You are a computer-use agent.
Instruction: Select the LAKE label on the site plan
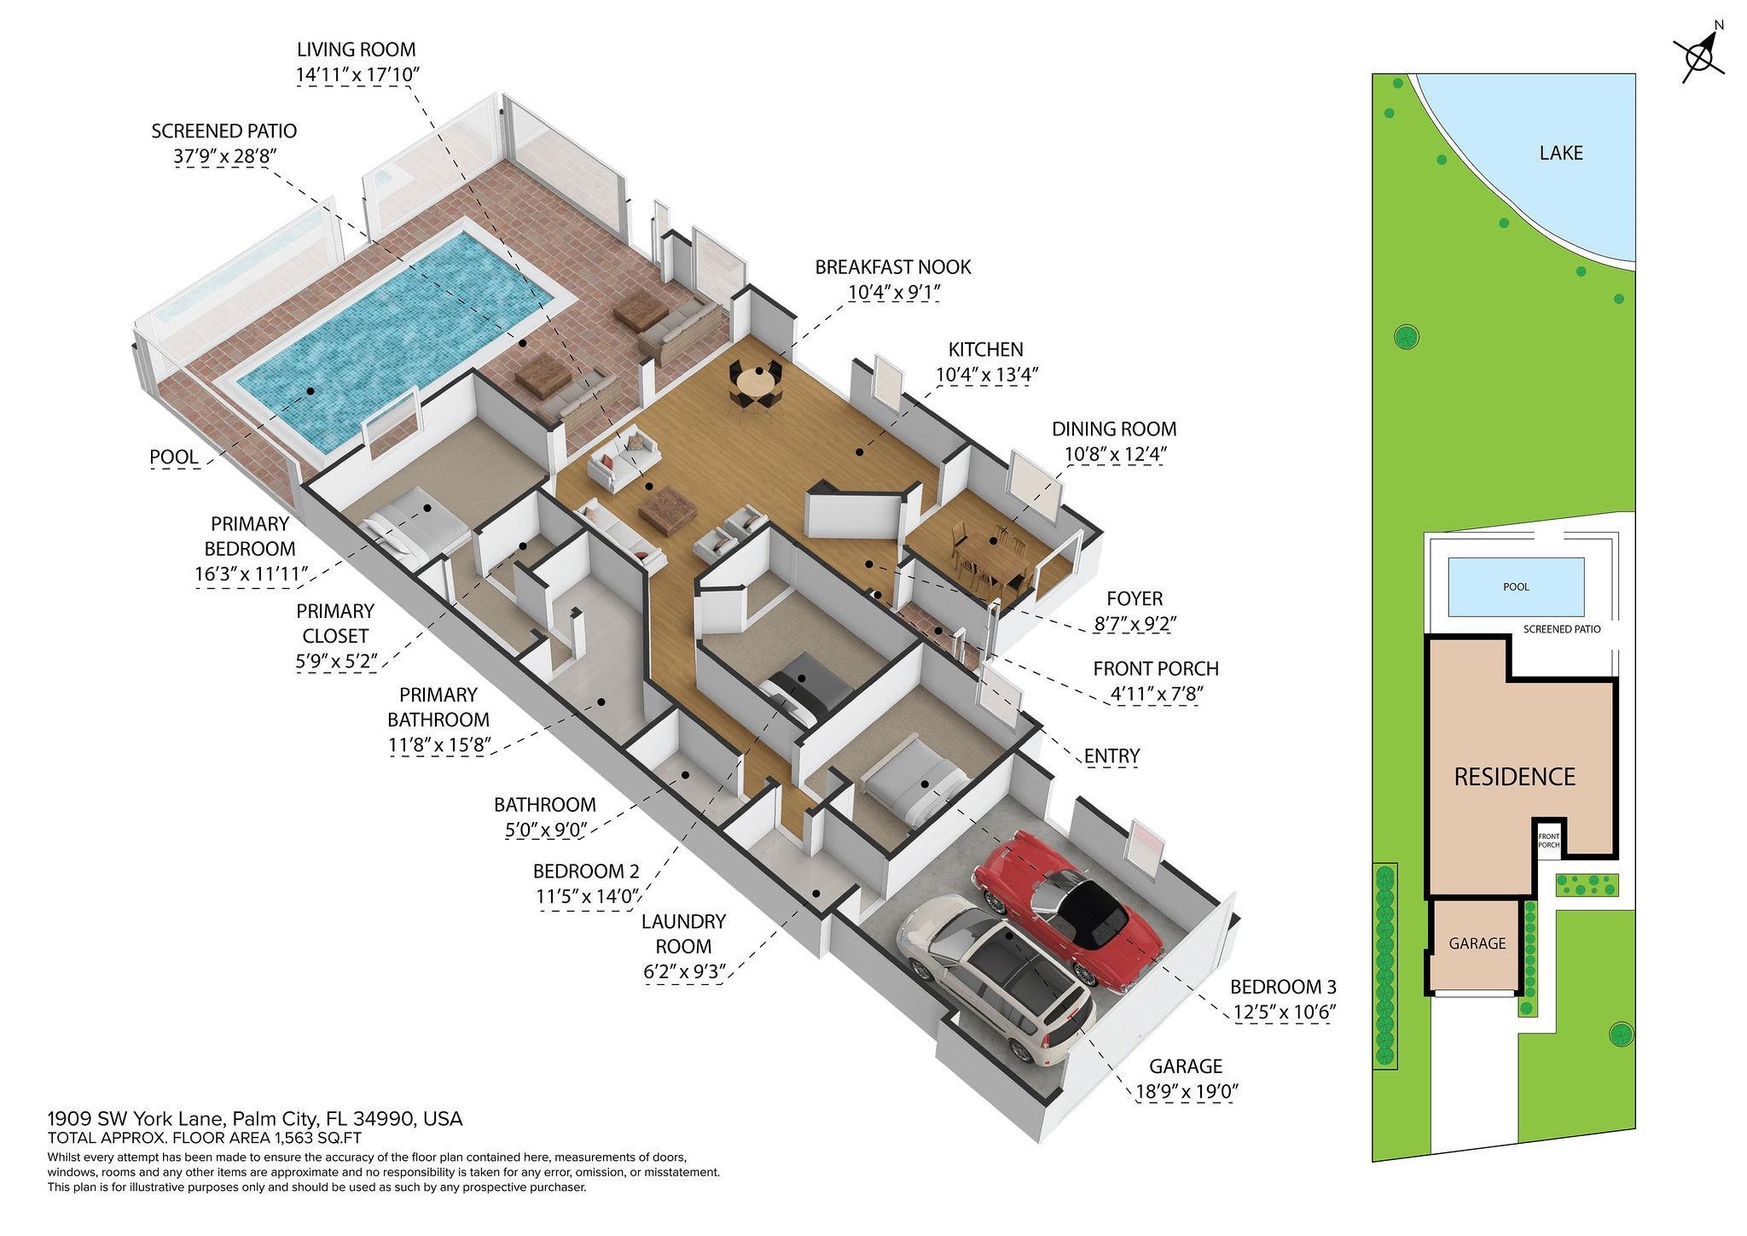tap(1561, 153)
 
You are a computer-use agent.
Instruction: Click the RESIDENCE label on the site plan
tap(1514, 777)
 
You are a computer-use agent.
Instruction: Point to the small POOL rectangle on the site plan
tap(1516, 587)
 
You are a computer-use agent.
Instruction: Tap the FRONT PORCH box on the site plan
tap(1548, 840)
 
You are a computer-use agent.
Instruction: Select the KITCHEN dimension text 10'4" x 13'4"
tap(986, 374)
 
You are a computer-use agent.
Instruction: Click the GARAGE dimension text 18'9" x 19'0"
tap(1185, 1091)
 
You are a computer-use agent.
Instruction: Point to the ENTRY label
tap(1111, 755)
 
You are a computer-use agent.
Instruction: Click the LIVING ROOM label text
tap(356, 50)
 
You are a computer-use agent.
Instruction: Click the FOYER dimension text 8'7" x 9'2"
tap(1135, 624)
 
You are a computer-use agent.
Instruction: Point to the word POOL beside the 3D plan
tap(174, 457)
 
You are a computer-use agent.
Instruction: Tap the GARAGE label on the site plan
tap(1477, 943)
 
